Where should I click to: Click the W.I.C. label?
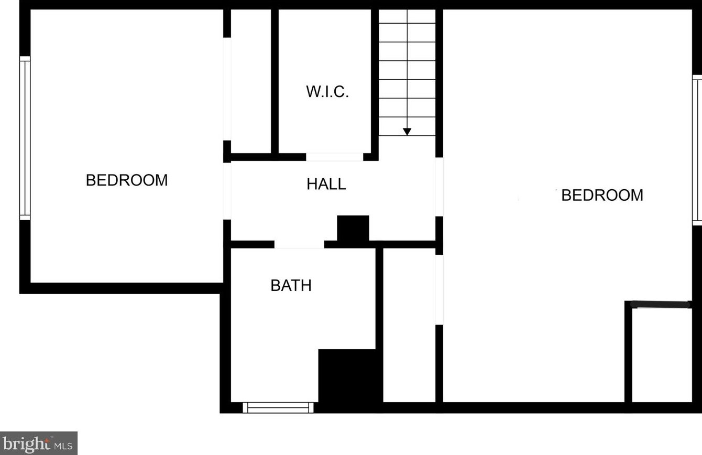[x=327, y=92]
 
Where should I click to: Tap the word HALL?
[x=326, y=184]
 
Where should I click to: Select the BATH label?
[x=291, y=285]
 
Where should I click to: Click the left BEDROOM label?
[x=127, y=180]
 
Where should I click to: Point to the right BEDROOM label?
[x=602, y=195]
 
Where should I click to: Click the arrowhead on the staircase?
[x=407, y=132]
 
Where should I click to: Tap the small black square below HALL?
[x=353, y=229]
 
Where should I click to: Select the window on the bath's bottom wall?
[x=279, y=407]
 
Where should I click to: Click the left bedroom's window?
[x=25, y=138]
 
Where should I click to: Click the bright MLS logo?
[x=39, y=443]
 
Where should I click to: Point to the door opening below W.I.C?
[x=334, y=157]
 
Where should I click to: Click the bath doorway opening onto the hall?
[x=299, y=245]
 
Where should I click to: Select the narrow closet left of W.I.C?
[x=251, y=81]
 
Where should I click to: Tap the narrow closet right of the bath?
[x=409, y=325]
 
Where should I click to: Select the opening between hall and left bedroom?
[x=227, y=191]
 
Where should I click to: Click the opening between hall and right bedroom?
[x=440, y=187]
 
